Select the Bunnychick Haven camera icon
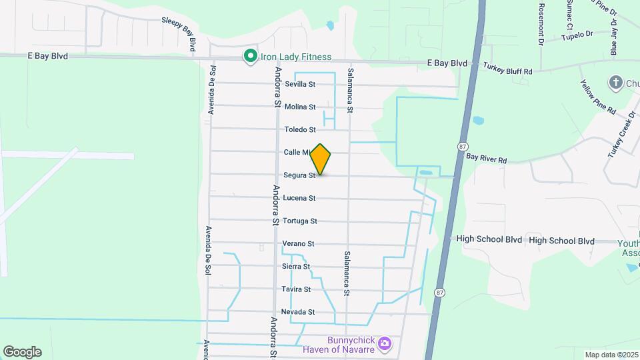point(384,344)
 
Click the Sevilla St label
point(299,84)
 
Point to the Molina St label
point(299,107)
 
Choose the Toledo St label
point(299,129)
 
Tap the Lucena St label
point(299,198)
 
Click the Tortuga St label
point(299,221)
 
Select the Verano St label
point(298,243)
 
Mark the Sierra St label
point(296,266)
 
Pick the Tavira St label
point(297,289)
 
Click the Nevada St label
point(298,312)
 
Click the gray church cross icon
point(615,83)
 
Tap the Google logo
point(22,351)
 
